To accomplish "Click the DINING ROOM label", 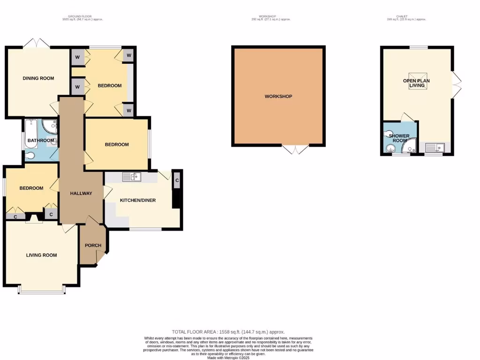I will (38, 78).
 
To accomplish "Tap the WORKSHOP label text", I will (278, 97).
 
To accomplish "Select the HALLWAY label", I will (81, 193).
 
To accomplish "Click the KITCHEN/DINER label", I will (138, 200).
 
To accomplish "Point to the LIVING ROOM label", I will (41, 255).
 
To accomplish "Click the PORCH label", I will (93, 246).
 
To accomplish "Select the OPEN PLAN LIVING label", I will (416, 83).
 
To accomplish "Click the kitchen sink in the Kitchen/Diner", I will (132, 177).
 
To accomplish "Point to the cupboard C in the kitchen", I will (177, 180).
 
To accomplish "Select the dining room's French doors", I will (37, 43).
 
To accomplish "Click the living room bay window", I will (41, 292).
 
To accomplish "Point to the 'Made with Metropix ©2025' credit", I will (228, 357).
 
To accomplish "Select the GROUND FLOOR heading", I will (82, 17).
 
